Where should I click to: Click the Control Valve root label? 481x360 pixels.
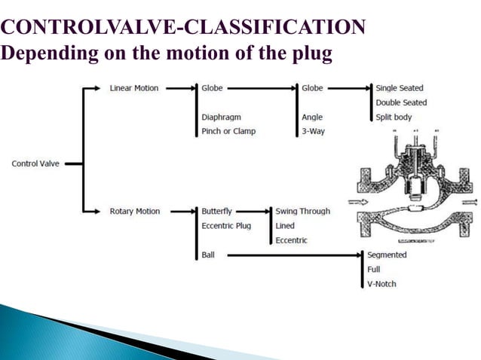tap(35, 163)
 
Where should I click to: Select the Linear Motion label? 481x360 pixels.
tap(134, 88)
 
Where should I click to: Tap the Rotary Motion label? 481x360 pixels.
tap(135, 212)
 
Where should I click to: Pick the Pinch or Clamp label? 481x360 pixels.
tap(228, 131)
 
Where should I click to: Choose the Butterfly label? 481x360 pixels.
tap(217, 212)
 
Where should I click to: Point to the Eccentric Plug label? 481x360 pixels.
tap(226, 225)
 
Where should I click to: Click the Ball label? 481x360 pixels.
tap(208, 255)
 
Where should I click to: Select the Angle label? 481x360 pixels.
tap(313, 117)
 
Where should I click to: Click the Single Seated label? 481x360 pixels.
tap(400, 88)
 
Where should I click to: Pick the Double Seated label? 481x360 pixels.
tap(401, 102)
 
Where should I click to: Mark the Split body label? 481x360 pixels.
tap(394, 117)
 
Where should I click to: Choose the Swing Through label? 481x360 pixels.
tap(303, 212)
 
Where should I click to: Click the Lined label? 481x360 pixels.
tap(285, 225)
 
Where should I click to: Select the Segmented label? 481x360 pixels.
tap(387, 255)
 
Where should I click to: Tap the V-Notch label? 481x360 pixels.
tap(381, 284)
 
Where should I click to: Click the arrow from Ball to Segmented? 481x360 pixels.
tap(294, 255)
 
